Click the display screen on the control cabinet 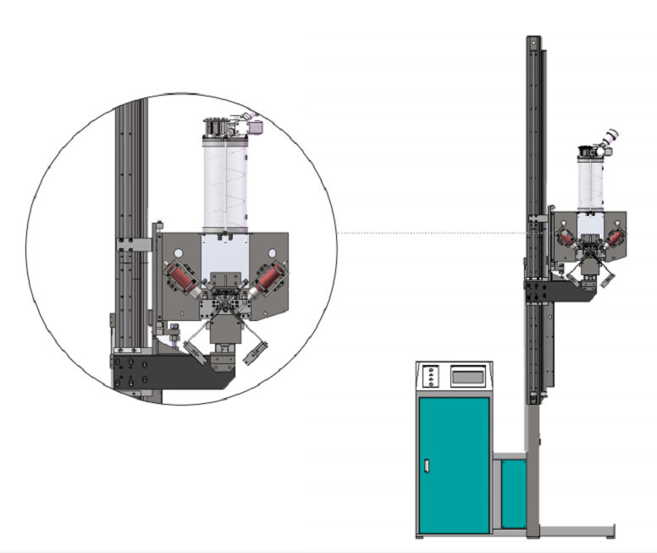click(471, 374)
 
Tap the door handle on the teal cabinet click(427, 466)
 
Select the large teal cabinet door click(454, 465)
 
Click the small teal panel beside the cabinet click(512, 493)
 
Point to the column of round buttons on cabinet click(431, 376)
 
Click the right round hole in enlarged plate click(273, 253)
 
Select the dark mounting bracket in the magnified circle click(169, 371)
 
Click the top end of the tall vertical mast click(533, 40)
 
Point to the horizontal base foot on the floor click(576, 531)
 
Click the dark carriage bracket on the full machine click(559, 290)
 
